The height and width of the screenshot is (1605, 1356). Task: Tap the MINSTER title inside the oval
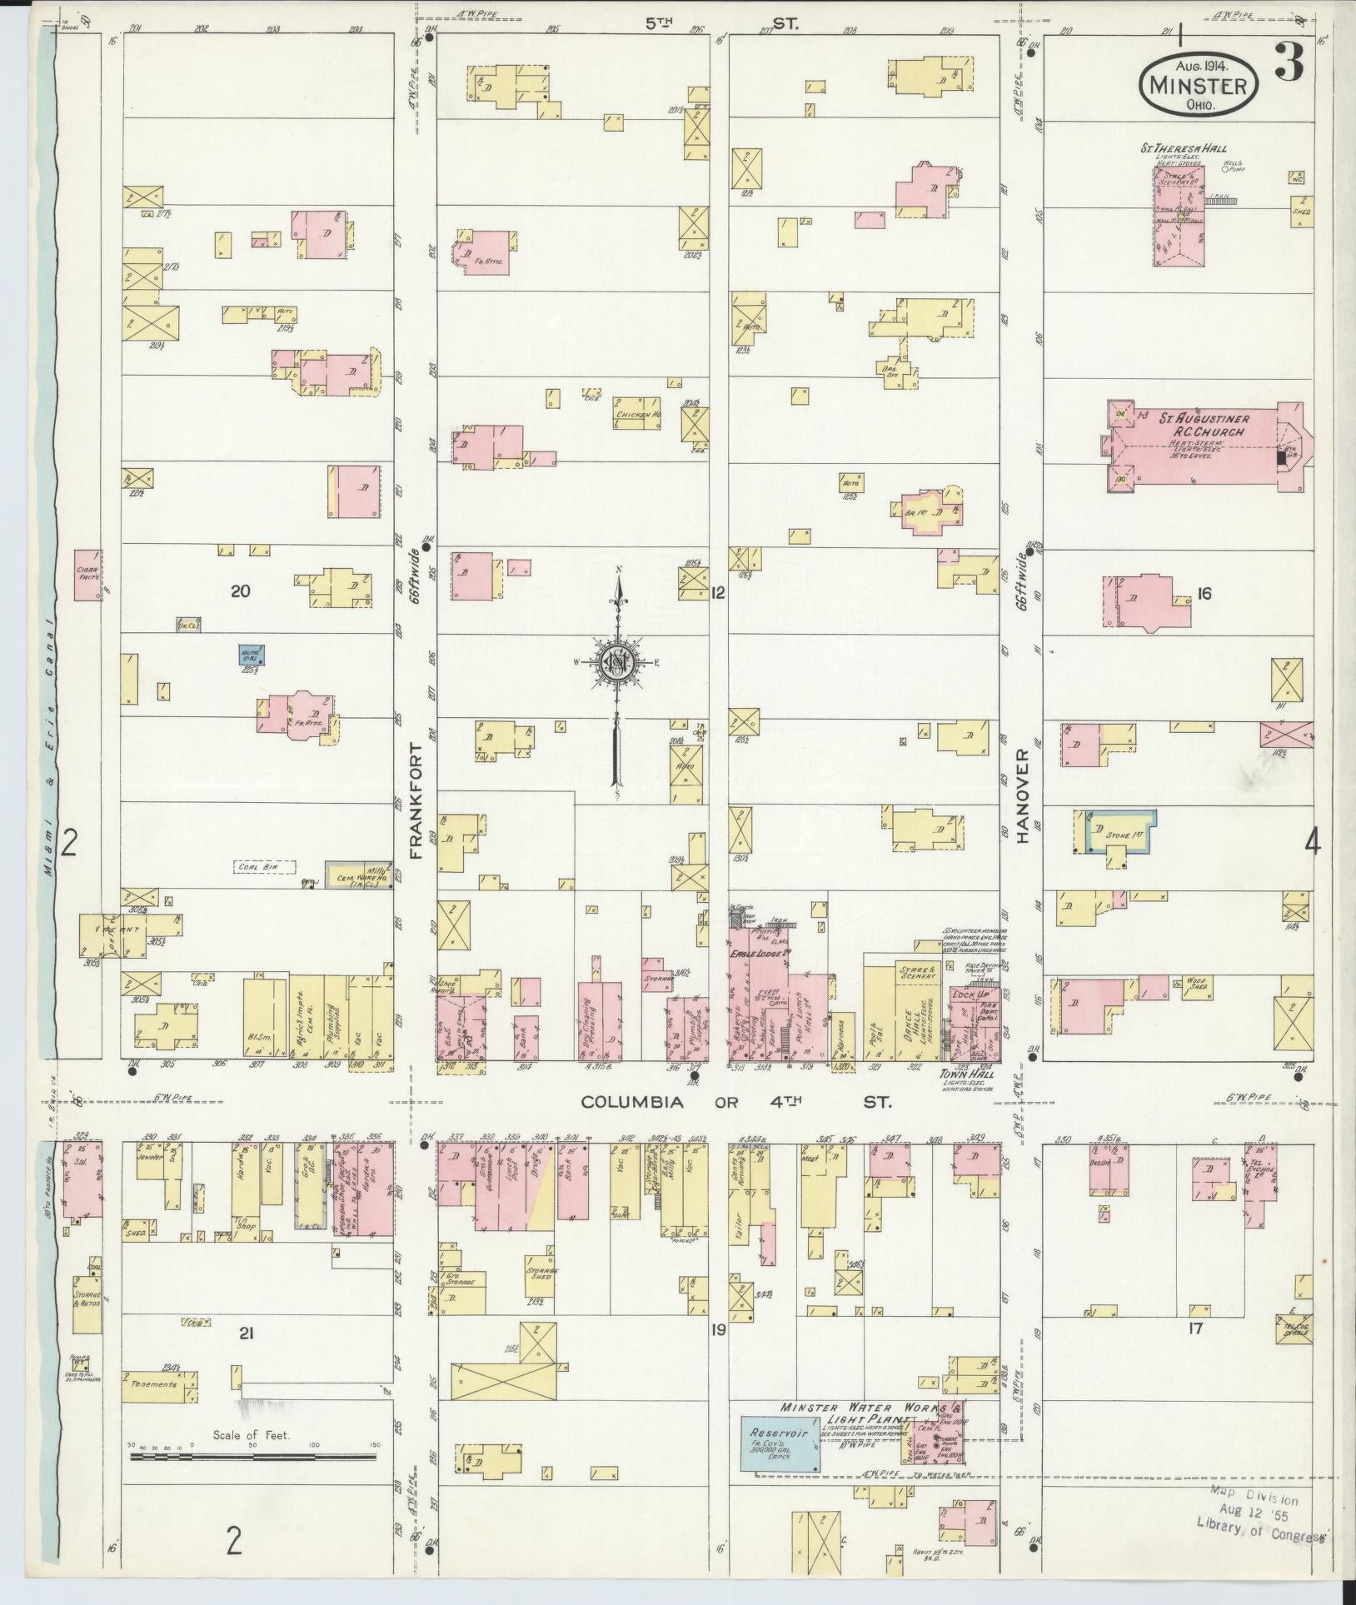tap(1198, 86)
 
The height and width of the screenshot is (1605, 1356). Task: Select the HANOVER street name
tap(1023, 795)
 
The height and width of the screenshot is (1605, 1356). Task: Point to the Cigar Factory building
tap(87, 575)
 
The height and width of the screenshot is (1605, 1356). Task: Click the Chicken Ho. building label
tap(639, 413)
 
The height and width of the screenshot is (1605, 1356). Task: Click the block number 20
tap(241, 592)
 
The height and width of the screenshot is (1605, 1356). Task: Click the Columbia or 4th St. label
tap(735, 1101)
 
